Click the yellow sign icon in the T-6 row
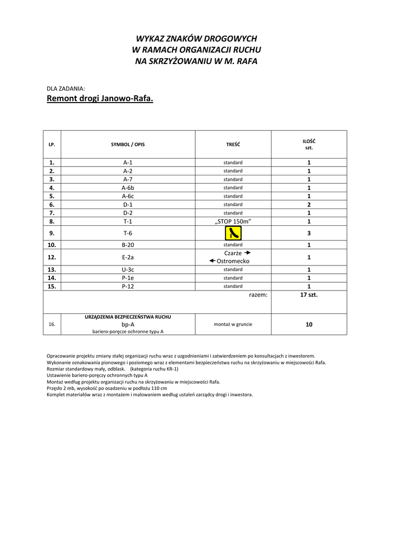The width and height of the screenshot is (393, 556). point(233,233)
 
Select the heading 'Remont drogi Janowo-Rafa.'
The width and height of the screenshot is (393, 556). point(100,99)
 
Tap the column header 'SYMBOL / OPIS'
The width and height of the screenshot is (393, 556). point(128,144)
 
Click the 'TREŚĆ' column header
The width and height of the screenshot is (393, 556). point(233,144)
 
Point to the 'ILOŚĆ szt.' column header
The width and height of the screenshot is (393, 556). point(309,144)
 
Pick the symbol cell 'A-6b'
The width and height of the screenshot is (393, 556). point(128,188)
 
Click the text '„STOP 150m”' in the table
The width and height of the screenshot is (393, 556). point(233,222)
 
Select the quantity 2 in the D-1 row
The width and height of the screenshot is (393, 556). point(309,205)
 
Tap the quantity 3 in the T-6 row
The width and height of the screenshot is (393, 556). point(309,233)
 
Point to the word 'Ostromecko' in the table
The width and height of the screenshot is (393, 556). point(233,261)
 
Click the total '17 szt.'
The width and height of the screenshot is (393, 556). point(309,295)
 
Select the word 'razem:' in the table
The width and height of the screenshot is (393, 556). point(258,295)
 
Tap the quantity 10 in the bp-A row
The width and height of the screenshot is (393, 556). point(309,324)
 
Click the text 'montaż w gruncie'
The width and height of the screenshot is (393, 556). point(233,324)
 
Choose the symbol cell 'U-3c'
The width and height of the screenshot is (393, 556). point(128,269)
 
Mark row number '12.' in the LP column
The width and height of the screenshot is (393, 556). point(52,257)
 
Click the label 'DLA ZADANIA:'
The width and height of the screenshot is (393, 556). point(66,88)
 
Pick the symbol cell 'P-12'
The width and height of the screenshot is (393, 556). point(128,286)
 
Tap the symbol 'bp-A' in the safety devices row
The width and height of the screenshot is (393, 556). point(128,324)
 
